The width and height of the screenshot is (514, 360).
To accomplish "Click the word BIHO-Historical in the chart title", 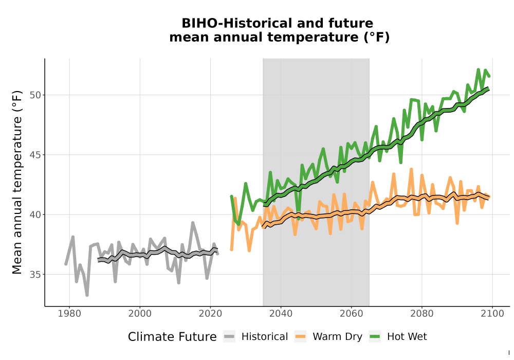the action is [235, 23].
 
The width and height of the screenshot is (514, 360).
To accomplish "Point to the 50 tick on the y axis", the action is [36, 95].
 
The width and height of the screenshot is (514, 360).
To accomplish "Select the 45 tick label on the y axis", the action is [36, 155].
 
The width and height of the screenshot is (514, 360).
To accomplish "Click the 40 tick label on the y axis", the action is [36, 215].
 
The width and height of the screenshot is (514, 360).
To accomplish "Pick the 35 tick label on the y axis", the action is [36, 275].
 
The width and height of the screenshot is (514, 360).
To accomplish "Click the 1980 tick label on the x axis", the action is [69, 314].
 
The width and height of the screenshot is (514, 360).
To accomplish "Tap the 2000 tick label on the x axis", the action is [140, 314].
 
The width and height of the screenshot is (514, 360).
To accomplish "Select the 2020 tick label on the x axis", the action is [210, 314].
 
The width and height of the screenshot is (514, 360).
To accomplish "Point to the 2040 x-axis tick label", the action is [281, 314].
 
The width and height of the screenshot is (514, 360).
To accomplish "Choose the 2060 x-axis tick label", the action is [352, 314].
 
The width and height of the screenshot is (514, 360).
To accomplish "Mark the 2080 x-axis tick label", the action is [422, 314].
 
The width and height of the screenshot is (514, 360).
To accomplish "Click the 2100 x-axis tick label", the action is [492, 314].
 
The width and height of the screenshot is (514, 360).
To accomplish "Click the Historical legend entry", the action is [255, 337].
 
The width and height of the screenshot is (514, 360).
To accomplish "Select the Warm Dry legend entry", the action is [328, 337].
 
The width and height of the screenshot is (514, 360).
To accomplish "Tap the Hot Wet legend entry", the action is [398, 337].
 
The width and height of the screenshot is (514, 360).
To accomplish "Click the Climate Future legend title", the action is [172, 337].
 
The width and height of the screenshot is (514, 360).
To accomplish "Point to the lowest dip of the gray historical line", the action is [87, 295].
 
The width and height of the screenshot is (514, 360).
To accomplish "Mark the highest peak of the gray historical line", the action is [193, 223].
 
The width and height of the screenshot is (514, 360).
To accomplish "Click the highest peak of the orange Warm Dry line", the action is [411, 169].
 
